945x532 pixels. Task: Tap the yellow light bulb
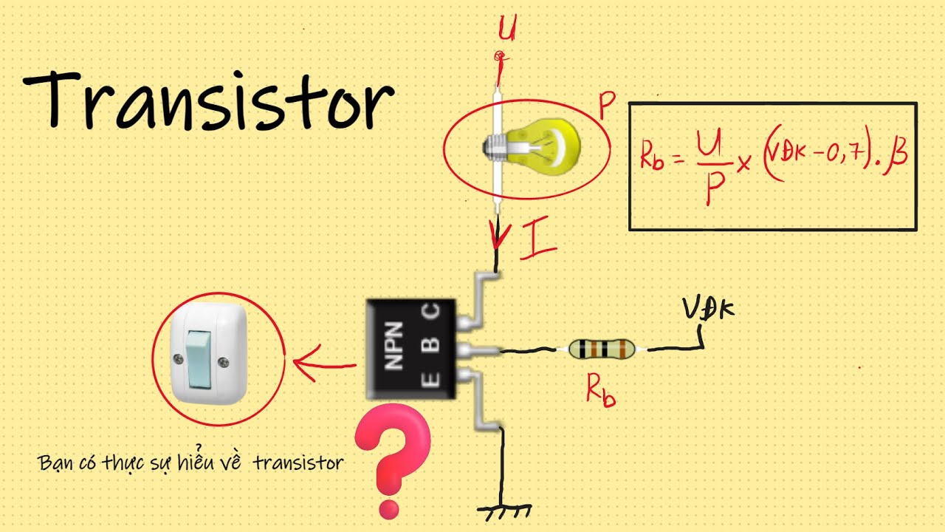point(532,146)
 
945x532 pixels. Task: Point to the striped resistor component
point(602,349)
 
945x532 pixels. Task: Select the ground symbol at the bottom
point(505,510)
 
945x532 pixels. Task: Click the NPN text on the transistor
point(394,345)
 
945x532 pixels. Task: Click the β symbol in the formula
point(898,157)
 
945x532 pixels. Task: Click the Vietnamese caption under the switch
point(190,463)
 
